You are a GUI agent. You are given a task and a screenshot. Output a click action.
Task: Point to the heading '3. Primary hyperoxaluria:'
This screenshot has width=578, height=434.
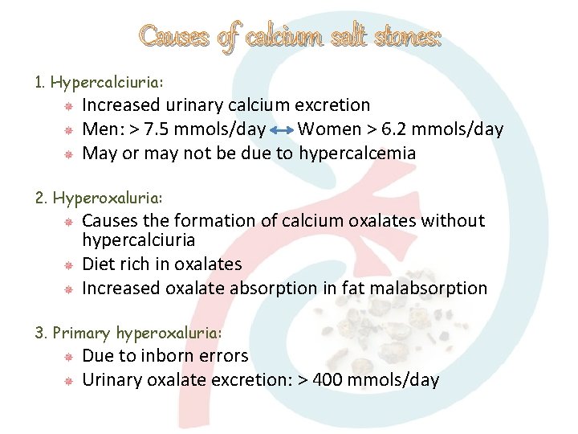tap(128, 332)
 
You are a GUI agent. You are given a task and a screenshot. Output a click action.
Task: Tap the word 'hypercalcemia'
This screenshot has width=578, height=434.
tap(357, 154)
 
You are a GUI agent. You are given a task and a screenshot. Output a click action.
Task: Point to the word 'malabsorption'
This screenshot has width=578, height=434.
tap(434, 288)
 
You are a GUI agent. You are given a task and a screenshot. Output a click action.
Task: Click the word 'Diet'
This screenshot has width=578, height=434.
tap(100, 264)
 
